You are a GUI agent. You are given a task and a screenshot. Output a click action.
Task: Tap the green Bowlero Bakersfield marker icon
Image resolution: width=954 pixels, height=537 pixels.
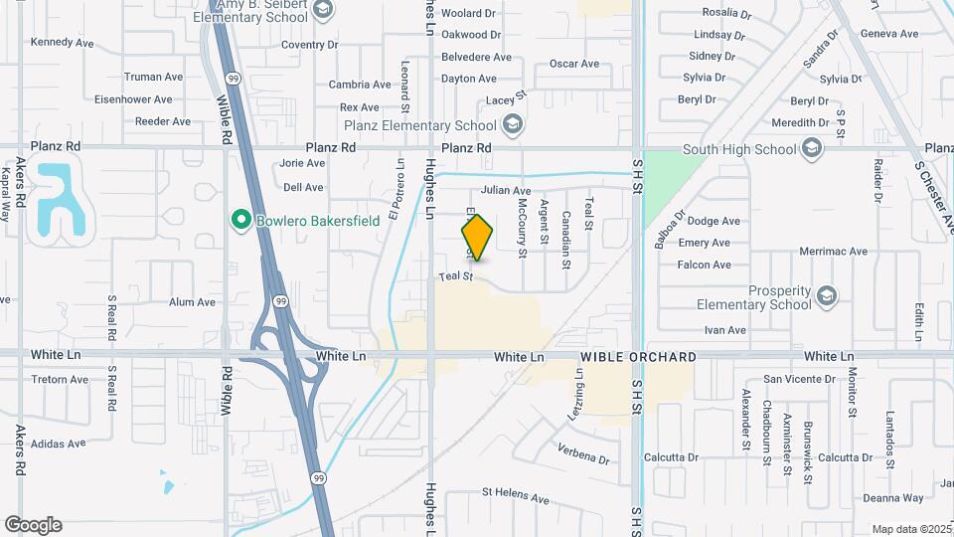click(x=239, y=220)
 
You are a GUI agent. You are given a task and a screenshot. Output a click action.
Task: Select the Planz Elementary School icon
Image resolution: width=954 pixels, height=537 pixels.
click(x=512, y=125)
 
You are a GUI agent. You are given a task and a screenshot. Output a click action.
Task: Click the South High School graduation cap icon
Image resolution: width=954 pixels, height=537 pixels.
click(x=812, y=149)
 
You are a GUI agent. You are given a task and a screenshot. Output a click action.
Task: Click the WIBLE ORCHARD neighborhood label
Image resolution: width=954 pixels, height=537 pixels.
click(x=639, y=357)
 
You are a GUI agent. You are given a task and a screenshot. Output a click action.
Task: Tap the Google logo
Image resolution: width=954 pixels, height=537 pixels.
click(x=33, y=525)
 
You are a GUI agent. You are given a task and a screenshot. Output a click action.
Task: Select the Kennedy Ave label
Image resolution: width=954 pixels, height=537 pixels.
click(x=62, y=43)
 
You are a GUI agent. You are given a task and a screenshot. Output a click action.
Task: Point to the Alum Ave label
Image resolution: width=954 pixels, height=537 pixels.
click(x=192, y=302)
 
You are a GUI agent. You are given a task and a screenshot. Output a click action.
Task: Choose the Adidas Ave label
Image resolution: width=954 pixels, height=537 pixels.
click(x=58, y=444)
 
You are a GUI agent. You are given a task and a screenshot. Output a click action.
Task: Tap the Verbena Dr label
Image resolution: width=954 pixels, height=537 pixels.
click(x=583, y=457)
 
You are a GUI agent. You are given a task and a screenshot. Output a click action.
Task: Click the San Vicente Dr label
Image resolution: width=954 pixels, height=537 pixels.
click(x=801, y=379)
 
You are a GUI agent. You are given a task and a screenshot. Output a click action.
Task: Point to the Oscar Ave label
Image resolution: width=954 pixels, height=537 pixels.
click(x=574, y=64)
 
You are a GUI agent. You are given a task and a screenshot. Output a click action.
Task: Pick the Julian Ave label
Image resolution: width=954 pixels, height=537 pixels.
click(x=506, y=190)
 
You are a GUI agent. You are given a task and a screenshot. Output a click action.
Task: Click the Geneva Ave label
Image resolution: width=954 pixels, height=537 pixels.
click(x=888, y=33)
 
